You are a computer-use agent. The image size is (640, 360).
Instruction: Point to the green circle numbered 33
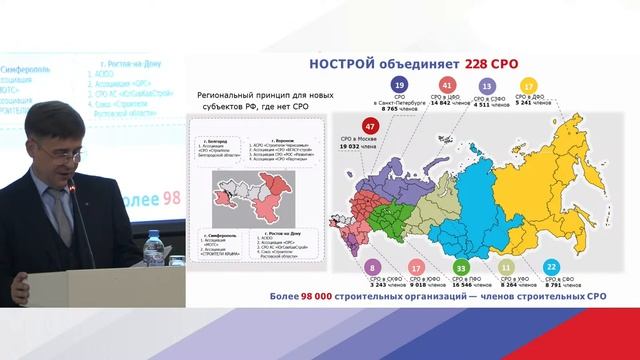coord(461,268)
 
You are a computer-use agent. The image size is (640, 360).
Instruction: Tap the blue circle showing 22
coord(552,268)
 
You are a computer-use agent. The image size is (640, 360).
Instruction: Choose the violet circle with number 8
coord(372,268)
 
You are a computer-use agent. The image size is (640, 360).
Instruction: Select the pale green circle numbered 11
coord(507,268)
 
